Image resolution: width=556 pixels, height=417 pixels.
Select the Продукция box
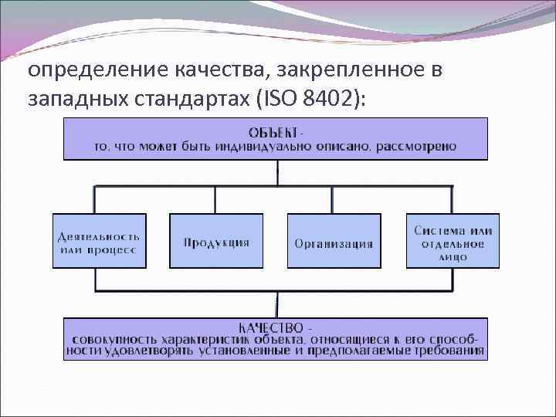coord(216,242)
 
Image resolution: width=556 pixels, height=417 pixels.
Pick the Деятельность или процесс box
coord(98,241)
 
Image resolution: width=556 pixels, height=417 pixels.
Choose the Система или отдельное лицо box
coord(453,241)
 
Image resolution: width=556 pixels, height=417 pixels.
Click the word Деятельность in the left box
coord(98,235)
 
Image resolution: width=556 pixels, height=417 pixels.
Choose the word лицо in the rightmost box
coord(453,256)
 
